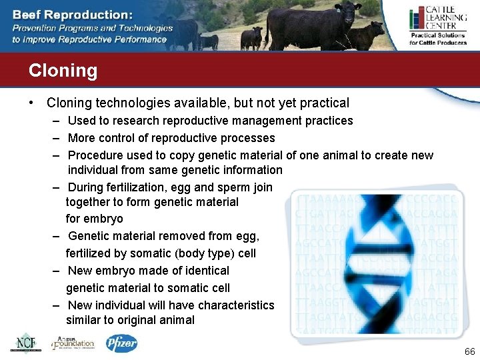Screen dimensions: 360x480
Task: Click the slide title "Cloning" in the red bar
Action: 63,71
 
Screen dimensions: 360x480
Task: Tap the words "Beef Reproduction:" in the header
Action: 72,14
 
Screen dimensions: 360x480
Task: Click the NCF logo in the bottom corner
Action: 25,342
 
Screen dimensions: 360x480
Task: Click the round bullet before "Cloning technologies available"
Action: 31,103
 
